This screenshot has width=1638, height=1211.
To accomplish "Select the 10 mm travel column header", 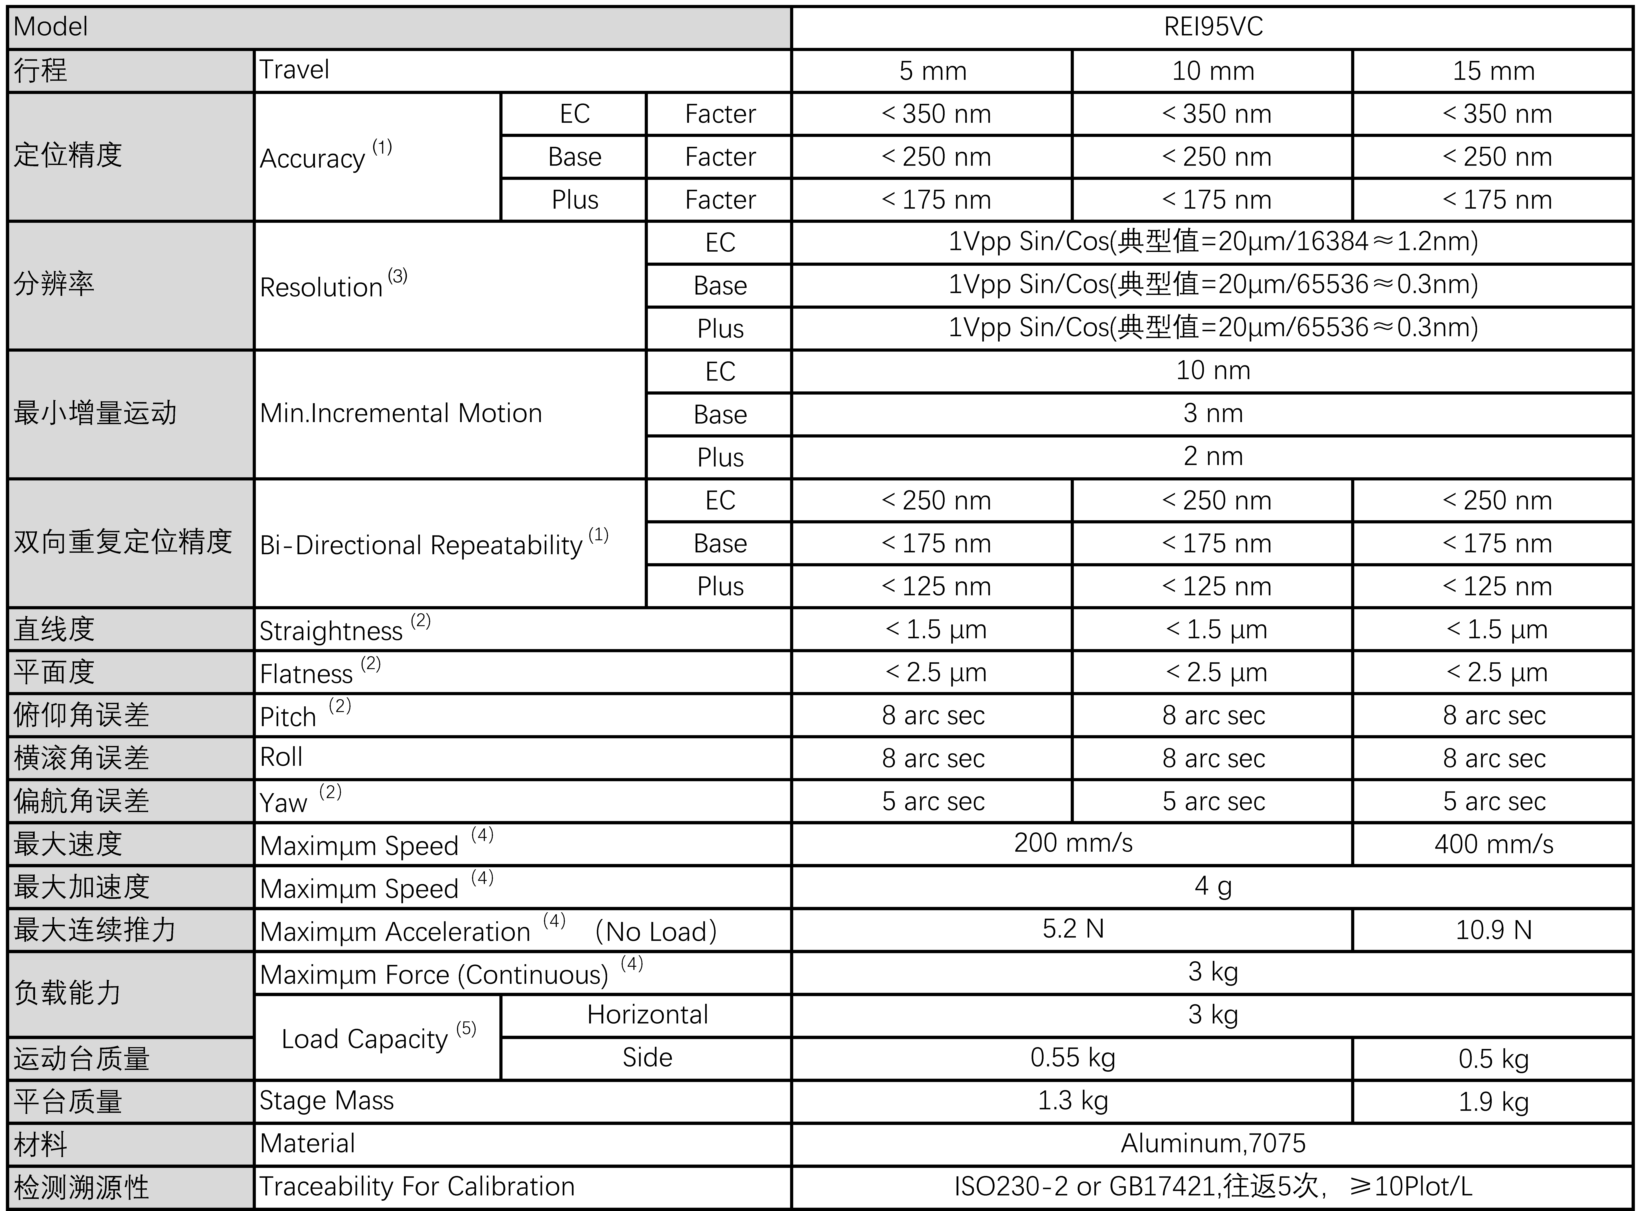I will pyautogui.click(x=1213, y=71).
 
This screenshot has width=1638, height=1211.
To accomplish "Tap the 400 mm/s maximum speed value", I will pyautogui.click(x=1494, y=844).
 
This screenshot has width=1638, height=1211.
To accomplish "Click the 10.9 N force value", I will pyautogui.click(x=1494, y=929).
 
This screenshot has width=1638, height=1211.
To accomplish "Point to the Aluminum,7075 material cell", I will pyautogui.click(x=1213, y=1143).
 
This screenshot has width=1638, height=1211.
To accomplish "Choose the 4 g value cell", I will pyautogui.click(x=1213, y=886).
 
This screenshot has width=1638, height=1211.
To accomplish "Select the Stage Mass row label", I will pyautogui.click(x=327, y=1100).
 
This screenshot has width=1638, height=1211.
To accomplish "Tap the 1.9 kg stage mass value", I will pyautogui.click(x=1494, y=1101).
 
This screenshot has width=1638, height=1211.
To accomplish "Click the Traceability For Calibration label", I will pyautogui.click(x=416, y=1186).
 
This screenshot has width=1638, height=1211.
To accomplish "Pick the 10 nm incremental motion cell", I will pyautogui.click(x=1213, y=370).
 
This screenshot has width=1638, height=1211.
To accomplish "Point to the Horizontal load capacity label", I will pyautogui.click(x=647, y=1014).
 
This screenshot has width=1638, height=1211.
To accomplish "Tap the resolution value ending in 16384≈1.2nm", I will pyautogui.click(x=1213, y=241).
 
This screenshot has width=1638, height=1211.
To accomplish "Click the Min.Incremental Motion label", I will pyautogui.click(x=401, y=413).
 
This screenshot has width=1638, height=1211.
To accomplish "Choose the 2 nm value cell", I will pyautogui.click(x=1213, y=456).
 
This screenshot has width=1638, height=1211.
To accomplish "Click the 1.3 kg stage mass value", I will pyautogui.click(x=1073, y=1100).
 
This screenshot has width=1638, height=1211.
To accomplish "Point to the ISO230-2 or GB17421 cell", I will pyautogui.click(x=1213, y=1186).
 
